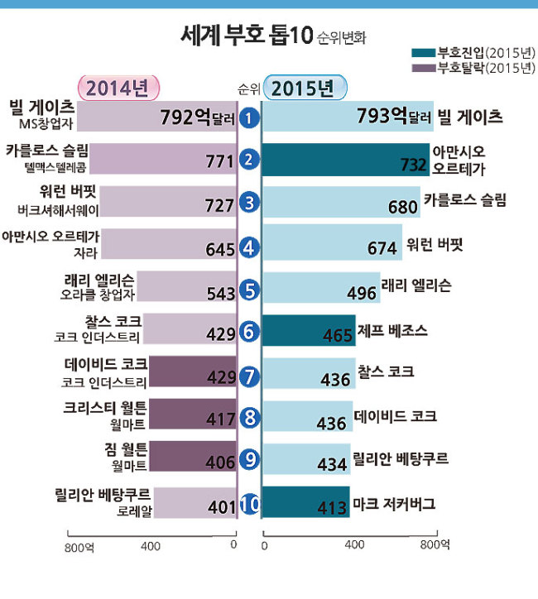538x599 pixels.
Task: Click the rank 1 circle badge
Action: point(249,117)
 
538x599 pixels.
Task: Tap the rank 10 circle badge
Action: point(249,504)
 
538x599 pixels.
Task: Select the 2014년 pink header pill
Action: point(118,89)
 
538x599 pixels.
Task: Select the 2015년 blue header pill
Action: point(305,88)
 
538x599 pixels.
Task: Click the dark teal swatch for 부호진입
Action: point(424,53)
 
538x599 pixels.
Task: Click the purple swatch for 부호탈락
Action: point(424,68)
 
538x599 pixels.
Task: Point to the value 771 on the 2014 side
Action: point(219,161)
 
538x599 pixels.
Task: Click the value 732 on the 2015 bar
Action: point(414,165)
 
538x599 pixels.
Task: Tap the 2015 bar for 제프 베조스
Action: point(309,330)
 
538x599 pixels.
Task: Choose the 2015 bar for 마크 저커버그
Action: point(305,502)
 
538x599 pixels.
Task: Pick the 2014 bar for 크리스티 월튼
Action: point(193,414)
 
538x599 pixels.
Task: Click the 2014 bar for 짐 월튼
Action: point(193,456)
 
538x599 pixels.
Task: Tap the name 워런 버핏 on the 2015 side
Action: point(435,244)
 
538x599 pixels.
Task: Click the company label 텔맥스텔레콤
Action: point(55,167)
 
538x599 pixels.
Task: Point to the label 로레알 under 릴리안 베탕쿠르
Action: point(134,510)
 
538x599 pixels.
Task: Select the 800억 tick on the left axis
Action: point(79,548)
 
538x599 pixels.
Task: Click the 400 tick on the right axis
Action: point(354,544)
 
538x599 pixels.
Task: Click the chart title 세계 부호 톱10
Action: point(247,36)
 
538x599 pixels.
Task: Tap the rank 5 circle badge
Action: point(249,290)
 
